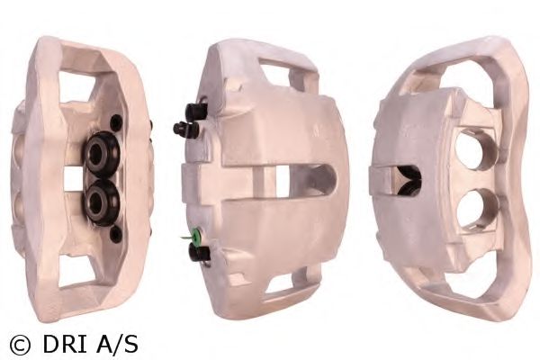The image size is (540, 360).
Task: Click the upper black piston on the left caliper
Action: pyautogui.click(x=103, y=154)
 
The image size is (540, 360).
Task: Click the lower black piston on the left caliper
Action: pyautogui.click(x=103, y=202)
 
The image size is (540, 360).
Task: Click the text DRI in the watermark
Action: pyautogui.click(x=65, y=344)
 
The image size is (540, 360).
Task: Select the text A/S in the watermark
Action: pyautogui.click(x=117, y=344)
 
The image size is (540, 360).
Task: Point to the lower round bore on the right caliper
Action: pyautogui.click(x=476, y=209)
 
